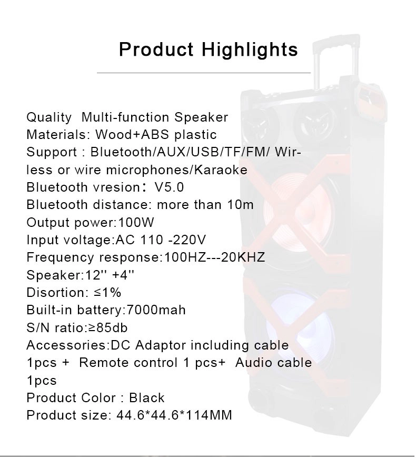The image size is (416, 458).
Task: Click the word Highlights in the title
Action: [x=250, y=50]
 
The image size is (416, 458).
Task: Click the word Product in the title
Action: [x=156, y=49]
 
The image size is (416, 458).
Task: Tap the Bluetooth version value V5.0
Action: [x=169, y=187]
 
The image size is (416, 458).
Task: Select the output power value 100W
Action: [x=136, y=222]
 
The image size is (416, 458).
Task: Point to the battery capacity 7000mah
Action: [x=156, y=310]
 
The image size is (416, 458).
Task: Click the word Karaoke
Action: [x=221, y=170]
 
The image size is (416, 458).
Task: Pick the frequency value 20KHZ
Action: [x=243, y=257]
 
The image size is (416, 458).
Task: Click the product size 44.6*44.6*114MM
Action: [x=174, y=415]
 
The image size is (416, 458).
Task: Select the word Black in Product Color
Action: [x=147, y=397]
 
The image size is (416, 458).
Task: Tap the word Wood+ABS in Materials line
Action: [x=132, y=135]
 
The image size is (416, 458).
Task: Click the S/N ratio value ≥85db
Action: [x=107, y=327]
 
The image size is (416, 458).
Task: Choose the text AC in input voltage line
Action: [x=125, y=240]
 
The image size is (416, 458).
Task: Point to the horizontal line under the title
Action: [x=204, y=73]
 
